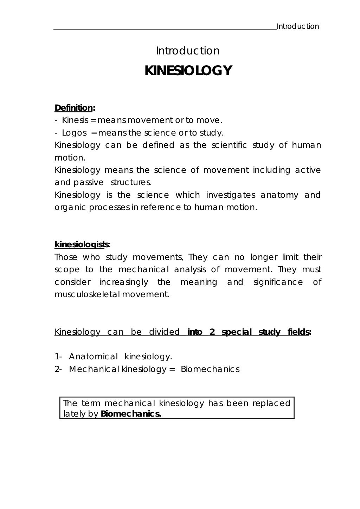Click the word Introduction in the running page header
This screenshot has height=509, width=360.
coord(298,26)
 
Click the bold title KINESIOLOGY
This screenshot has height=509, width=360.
coord(188,71)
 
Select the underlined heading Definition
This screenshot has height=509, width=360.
coord(73,107)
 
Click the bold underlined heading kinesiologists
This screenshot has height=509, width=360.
coord(82,244)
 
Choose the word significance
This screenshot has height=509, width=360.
coord(278,282)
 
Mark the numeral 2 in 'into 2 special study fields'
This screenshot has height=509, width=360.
coord(212,332)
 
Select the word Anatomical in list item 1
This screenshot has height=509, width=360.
coord(93,357)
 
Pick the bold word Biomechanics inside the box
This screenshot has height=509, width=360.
coord(130,414)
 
